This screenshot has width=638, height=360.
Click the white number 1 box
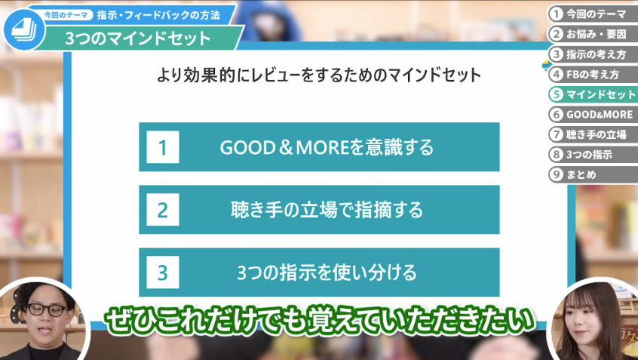tap(163, 147)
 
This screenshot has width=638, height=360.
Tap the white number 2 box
tap(163, 210)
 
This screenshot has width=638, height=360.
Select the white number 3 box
tap(163, 272)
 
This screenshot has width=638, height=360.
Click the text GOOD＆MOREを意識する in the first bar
tap(327, 147)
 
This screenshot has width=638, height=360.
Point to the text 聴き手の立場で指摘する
tap(327, 210)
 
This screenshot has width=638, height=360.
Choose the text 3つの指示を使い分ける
tap(327, 272)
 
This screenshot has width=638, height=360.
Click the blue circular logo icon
tap(23, 29)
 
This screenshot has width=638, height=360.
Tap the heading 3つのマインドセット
tap(138, 38)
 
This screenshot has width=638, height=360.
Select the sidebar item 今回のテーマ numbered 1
tap(593, 14)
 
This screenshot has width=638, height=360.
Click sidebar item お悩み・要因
tap(593, 34)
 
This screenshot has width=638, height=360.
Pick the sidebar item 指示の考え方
tap(593, 54)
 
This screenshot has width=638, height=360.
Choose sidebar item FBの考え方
tap(593, 75)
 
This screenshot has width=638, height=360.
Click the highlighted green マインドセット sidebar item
tap(593, 94)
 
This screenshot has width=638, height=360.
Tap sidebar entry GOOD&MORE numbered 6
tap(593, 115)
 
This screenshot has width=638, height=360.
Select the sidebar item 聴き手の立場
tap(593, 134)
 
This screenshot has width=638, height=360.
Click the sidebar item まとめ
tap(593, 174)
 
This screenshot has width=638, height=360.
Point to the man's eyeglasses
tap(48, 310)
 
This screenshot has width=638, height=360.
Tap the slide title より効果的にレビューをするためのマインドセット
tap(319, 75)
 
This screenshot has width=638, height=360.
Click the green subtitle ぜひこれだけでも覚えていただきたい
tap(319, 320)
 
